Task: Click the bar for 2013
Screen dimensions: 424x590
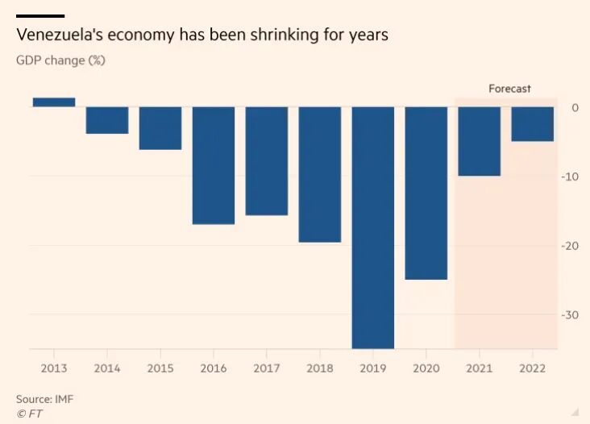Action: [54, 102]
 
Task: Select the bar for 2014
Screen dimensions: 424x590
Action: [107, 120]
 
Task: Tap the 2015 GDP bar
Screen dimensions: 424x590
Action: [160, 128]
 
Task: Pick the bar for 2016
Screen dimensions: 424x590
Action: [214, 165]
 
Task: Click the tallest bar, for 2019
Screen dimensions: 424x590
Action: [373, 227]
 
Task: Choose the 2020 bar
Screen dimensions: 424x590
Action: [426, 193]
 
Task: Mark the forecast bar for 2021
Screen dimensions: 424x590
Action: [480, 141]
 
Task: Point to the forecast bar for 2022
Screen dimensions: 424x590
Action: [533, 124]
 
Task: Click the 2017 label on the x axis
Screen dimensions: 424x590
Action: [267, 368]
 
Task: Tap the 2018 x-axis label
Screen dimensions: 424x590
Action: [320, 368]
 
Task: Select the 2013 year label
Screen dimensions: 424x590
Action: [54, 368]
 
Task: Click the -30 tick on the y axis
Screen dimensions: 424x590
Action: [570, 314]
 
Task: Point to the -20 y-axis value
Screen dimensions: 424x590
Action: [570, 246]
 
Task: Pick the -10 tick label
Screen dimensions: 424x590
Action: [570, 177]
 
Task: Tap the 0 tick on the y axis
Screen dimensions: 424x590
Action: [575, 107]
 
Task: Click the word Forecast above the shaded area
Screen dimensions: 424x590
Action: [509, 89]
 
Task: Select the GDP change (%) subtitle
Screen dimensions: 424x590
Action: [60, 60]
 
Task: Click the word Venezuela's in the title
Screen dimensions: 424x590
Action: [58, 36]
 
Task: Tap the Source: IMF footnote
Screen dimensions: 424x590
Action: [45, 399]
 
